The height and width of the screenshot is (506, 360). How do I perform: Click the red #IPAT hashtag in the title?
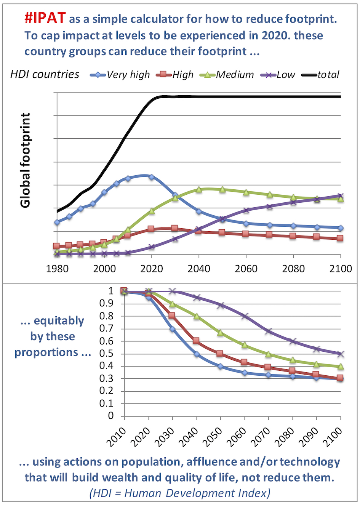pyautogui.click(x=45, y=18)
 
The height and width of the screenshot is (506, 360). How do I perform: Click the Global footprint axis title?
pyautogui.click(x=26, y=160)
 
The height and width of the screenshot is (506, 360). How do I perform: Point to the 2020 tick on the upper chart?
pyautogui.click(x=152, y=269)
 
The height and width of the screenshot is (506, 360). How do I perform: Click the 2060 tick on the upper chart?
pyautogui.click(x=246, y=269)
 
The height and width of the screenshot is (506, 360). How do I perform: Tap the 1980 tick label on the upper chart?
pyautogui.click(x=57, y=269)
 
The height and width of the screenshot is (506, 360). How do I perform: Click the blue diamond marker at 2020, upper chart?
pyautogui.click(x=152, y=177)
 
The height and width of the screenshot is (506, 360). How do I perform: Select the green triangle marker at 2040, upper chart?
pyautogui.click(x=199, y=189)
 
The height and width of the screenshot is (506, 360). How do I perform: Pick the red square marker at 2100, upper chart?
pyautogui.click(x=340, y=238)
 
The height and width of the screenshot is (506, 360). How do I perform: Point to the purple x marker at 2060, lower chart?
pyautogui.click(x=245, y=316)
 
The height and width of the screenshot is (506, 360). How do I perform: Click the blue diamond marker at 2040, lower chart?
pyautogui.click(x=197, y=354)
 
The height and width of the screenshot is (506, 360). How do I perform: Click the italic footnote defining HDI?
pyautogui.click(x=180, y=493)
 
